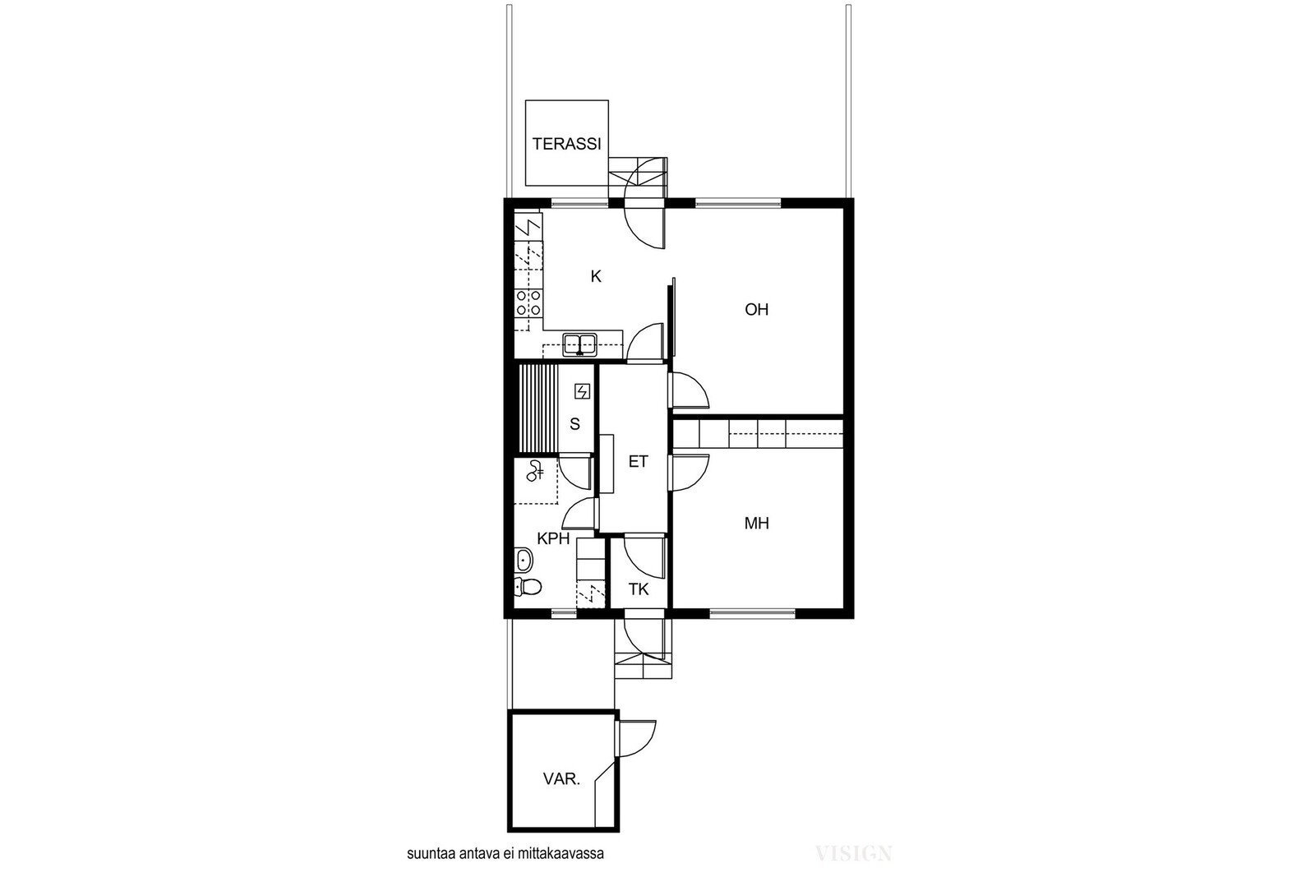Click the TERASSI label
[566, 144]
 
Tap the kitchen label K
[596, 276]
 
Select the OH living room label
[756, 309]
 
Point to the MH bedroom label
[756, 523]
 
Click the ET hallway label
[638, 461]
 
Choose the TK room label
[638, 589]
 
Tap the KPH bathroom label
[554, 538]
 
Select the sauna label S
[574, 424]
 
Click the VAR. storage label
[562, 779]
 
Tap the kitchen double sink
[580, 344]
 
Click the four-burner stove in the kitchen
[528, 303]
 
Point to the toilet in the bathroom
[528, 586]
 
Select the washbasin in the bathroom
[524, 560]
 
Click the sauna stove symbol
[583, 391]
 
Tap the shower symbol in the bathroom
[535, 471]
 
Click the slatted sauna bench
[537, 408]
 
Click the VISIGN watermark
[854, 853]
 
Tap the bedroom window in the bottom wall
[752, 614]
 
